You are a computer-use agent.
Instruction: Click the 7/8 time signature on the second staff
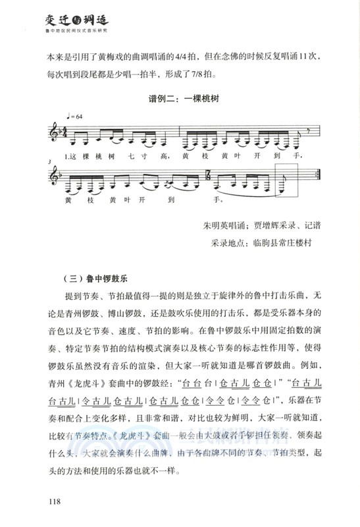click(209, 177)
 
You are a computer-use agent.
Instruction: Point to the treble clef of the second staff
click(55, 177)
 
